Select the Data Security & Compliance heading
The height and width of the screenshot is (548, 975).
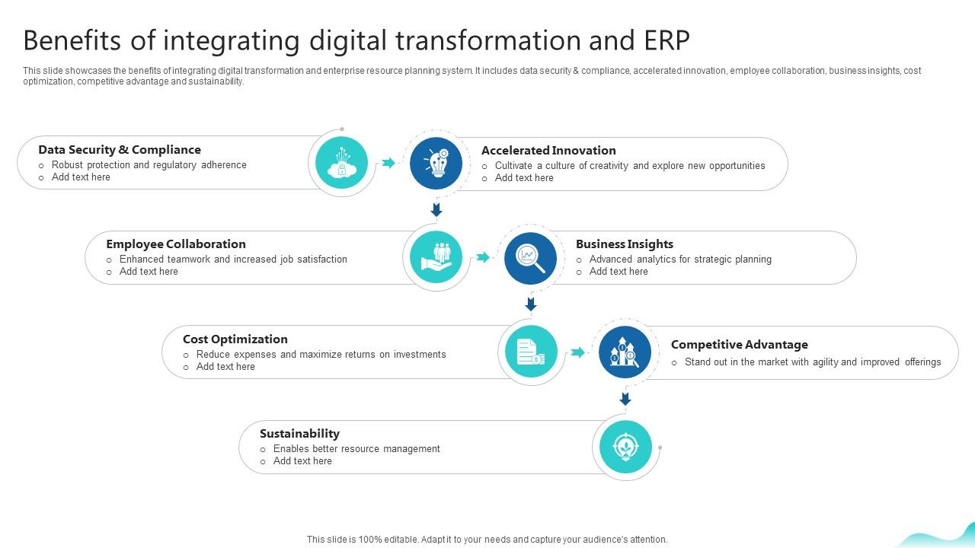(x=120, y=150)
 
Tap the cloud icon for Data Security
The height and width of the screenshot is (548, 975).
(x=341, y=163)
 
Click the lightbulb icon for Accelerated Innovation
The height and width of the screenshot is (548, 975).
(x=436, y=163)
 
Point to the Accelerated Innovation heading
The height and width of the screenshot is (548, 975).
(x=548, y=151)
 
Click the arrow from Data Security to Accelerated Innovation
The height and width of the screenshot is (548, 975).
(x=388, y=163)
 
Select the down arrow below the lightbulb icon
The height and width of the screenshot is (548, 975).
(x=436, y=209)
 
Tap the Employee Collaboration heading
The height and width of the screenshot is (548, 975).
(x=176, y=244)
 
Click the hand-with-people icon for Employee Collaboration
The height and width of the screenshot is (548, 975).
(x=436, y=258)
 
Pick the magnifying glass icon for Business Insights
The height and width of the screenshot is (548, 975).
(x=531, y=258)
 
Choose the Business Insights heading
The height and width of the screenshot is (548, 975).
(x=625, y=244)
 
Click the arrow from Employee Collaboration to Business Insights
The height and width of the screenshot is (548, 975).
(x=483, y=258)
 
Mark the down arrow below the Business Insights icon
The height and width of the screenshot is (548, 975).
(x=531, y=304)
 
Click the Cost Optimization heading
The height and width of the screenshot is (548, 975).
(x=235, y=339)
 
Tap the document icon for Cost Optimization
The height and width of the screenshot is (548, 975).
(x=531, y=352)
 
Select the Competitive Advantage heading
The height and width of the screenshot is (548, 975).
(x=740, y=345)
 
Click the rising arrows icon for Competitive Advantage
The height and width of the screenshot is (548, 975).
(x=625, y=352)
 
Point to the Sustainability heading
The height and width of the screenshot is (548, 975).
(x=299, y=434)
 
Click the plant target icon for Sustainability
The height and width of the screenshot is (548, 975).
(x=625, y=447)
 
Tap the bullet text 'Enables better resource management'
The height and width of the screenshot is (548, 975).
(x=356, y=449)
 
